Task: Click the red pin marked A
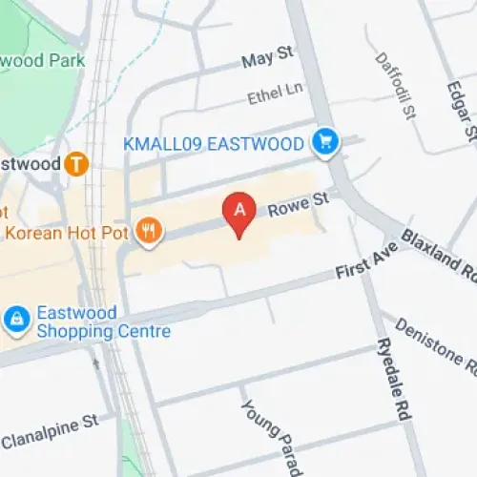click(239, 211)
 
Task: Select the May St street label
click(267, 60)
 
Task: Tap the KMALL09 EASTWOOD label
click(214, 144)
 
